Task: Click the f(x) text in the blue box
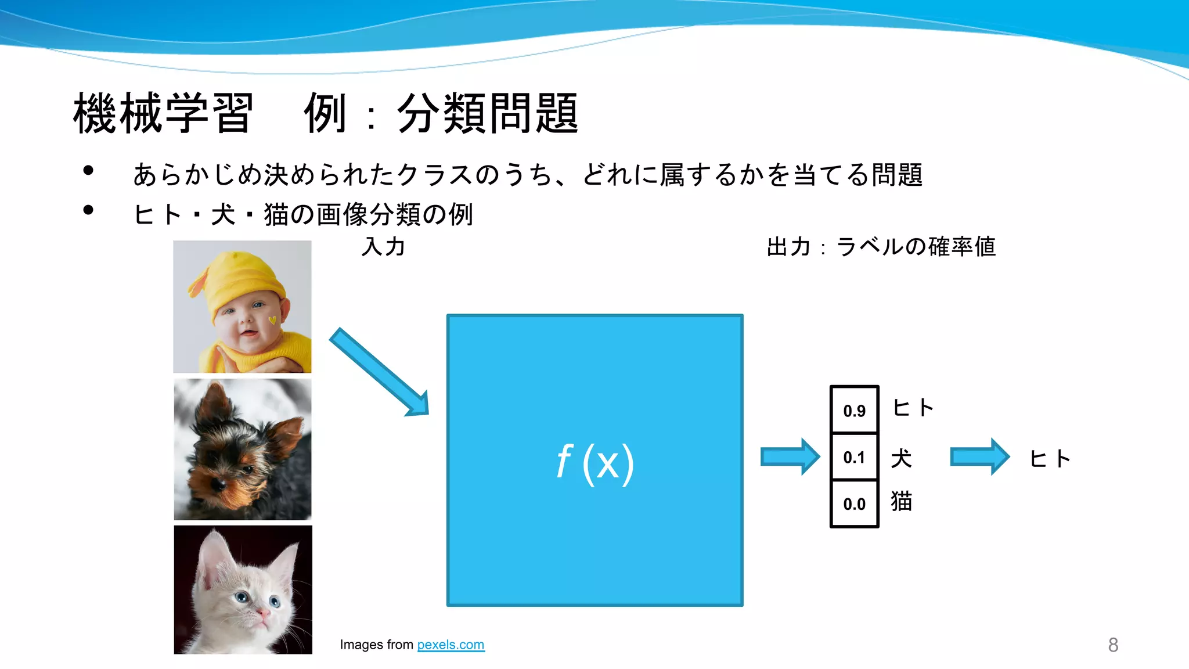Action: click(595, 463)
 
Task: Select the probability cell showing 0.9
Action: click(854, 410)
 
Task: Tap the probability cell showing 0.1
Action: click(854, 457)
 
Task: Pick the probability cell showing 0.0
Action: click(854, 503)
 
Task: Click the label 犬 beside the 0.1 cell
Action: click(901, 458)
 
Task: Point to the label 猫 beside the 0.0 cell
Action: click(901, 501)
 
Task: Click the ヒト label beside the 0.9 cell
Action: click(913, 408)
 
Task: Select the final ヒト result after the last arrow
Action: click(1050, 459)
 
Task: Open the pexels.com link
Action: click(451, 645)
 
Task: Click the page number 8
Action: click(1113, 645)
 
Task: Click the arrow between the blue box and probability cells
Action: click(790, 457)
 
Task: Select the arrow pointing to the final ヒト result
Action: click(980, 457)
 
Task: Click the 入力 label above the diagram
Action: click(383, 247)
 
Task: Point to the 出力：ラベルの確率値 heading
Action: click(881, 247)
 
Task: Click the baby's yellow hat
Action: click(244, 279)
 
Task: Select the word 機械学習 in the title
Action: click(163, 113)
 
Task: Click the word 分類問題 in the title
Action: click(488, 113)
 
